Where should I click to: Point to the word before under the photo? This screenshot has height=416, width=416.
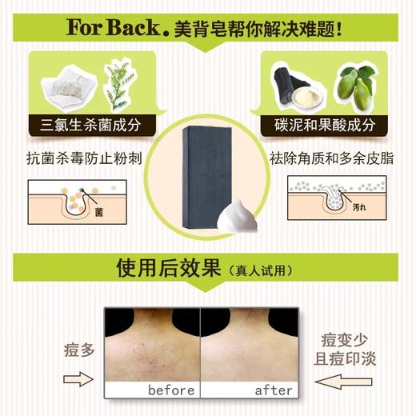pyautogui.click(x=172, y=390)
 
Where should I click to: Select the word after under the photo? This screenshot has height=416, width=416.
pyautogui.click(x=274, y=390)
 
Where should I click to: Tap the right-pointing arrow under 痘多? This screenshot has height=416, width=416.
pyautogui.click(x=78, y=378)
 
